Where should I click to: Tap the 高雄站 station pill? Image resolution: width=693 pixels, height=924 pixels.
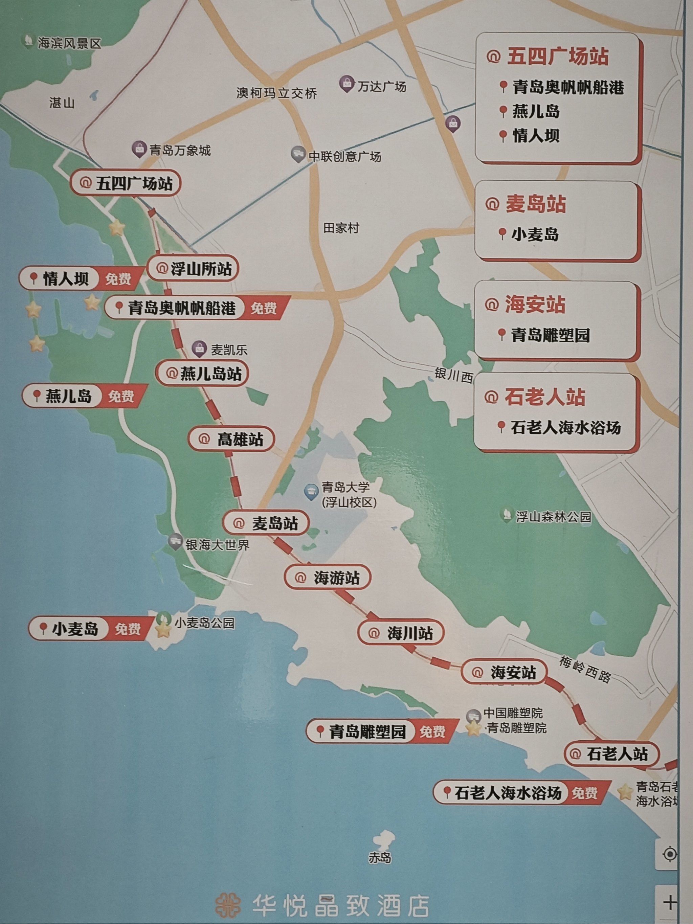point(231,439)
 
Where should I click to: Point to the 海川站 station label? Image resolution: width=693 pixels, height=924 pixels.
point(401,633)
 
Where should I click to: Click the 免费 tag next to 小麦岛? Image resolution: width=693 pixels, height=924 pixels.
point(128,629)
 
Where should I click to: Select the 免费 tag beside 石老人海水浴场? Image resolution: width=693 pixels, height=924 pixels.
point(584,793)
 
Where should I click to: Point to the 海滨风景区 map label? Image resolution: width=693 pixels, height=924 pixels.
point(69,43)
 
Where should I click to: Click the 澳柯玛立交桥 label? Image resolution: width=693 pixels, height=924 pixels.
point(276,93)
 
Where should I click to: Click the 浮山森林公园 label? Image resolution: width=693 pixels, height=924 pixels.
point(553,517)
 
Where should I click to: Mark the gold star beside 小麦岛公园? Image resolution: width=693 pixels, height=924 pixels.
point(162,631)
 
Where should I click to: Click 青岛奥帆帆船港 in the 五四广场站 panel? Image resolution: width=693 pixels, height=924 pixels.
point(568,88)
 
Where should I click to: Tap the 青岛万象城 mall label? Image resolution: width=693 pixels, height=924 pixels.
point(180,150)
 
